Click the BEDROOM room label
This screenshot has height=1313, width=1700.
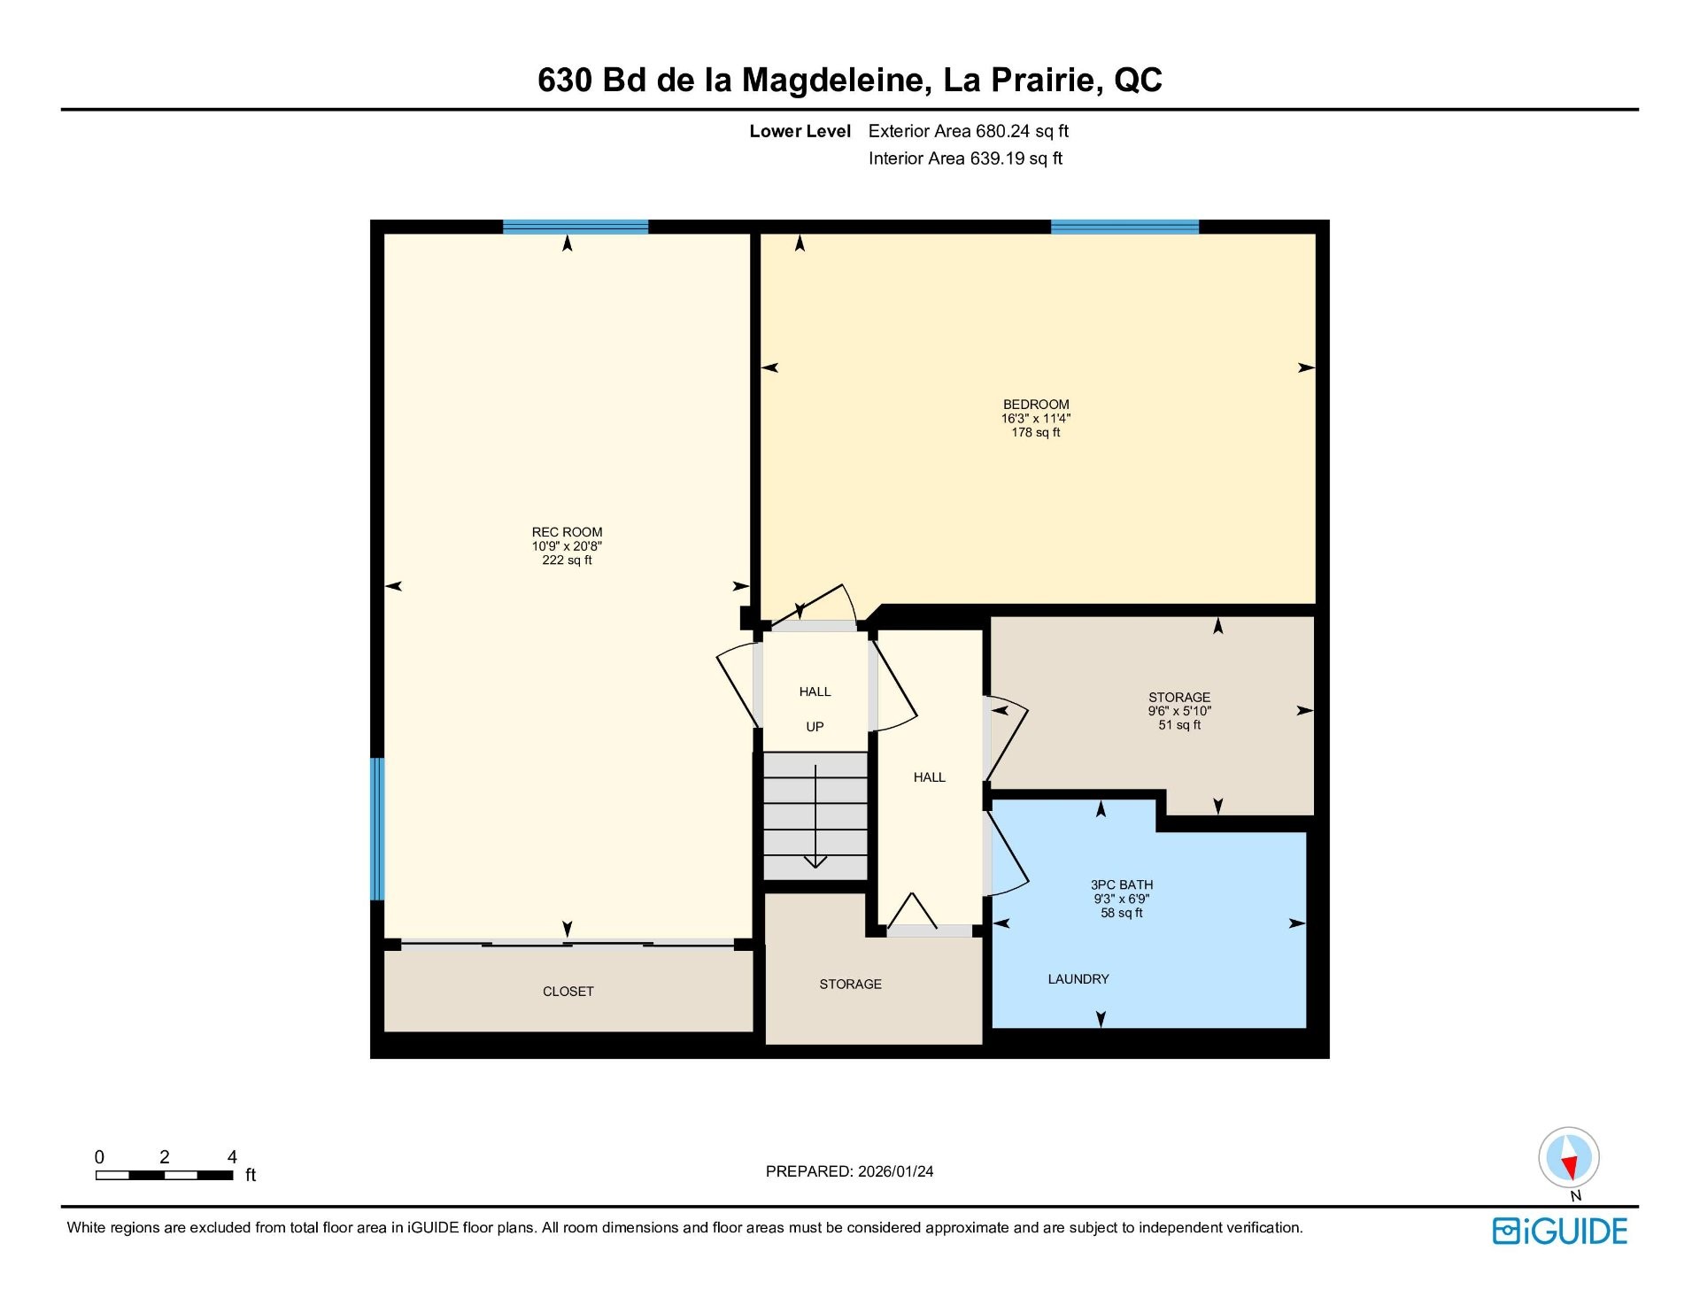pos(1035,405)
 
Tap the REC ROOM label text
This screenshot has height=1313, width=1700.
pos(567,532)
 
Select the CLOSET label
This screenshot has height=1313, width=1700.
pos(568,992)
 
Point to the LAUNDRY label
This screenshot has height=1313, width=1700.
pos(1078,979)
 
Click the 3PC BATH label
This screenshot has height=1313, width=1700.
pos(1121,884)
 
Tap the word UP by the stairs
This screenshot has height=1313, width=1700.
pos(815,727)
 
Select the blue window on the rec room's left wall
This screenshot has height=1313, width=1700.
pos(377,829)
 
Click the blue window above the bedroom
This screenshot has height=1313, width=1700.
pos(1124,227)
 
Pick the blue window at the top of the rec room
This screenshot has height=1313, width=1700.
pos(576,227)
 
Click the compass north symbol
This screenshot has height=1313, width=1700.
pos(1569,1158)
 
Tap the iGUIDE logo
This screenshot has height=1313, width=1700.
pos(1560,1232)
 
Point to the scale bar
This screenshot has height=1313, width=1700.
pos(165,1176)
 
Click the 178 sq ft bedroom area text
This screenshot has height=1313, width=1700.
pos(1035,433)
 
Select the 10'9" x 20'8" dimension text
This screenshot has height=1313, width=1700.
pos(567,546)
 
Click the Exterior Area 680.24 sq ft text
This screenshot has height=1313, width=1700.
pos(969,131)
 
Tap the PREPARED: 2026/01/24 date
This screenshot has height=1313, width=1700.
pos(849,1171)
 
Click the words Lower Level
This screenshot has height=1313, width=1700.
pos(800,131)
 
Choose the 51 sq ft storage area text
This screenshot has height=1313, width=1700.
pos(1179,725)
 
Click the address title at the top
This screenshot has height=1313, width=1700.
pos(849,80)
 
